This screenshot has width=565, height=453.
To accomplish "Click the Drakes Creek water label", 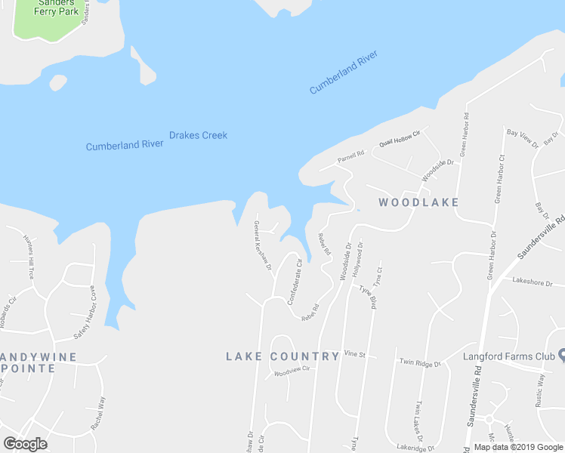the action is (198, 135).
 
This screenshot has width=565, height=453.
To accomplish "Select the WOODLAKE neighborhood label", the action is (418, 202).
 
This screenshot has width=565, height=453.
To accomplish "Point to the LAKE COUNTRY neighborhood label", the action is (282, 356).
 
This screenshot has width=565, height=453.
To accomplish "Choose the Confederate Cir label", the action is (295, 282).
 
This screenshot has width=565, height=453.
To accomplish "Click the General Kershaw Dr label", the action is (262, 246).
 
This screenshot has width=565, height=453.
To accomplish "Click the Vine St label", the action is (354, 353).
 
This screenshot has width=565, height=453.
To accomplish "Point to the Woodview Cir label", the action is (292, 372).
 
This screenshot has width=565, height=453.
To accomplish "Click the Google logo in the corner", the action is (25, 443).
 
